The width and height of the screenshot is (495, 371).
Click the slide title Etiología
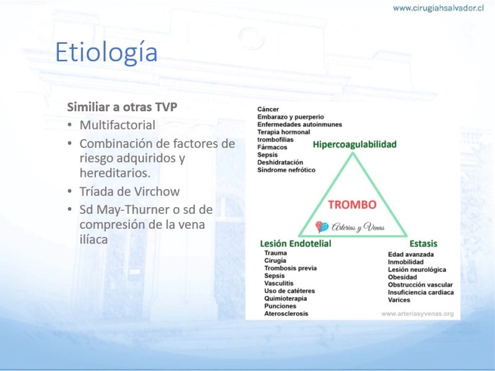pos(106,53)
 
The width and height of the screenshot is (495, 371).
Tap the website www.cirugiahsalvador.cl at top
pos(438,8)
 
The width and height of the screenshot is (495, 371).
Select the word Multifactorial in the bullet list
pos(117,125)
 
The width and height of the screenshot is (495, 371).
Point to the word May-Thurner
pos(133,210)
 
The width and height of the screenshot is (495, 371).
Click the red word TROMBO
pos(352,205)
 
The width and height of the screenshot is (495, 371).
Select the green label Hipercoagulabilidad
pos(355,145)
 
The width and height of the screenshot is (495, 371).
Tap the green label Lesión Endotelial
pos(296,244)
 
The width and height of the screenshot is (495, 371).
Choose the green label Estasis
pos(423,244)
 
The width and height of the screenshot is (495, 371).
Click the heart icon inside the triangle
pos(322,226)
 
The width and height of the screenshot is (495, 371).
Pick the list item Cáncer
pos(268,109)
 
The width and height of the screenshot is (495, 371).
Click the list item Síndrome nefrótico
pos(286,170)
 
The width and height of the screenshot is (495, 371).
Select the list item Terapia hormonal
pos(283,132)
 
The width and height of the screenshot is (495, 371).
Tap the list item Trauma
pos(275,253)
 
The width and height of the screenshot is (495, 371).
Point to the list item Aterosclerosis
pos(286,313)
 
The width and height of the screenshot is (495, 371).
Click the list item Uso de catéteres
pos(290,291)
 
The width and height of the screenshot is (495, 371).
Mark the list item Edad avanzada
pos(411,255)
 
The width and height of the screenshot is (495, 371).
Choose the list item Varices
pos(399,300)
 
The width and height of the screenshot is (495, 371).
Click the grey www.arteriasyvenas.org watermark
pos(417,314)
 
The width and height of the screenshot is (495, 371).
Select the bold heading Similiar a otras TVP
pos(122,107)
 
